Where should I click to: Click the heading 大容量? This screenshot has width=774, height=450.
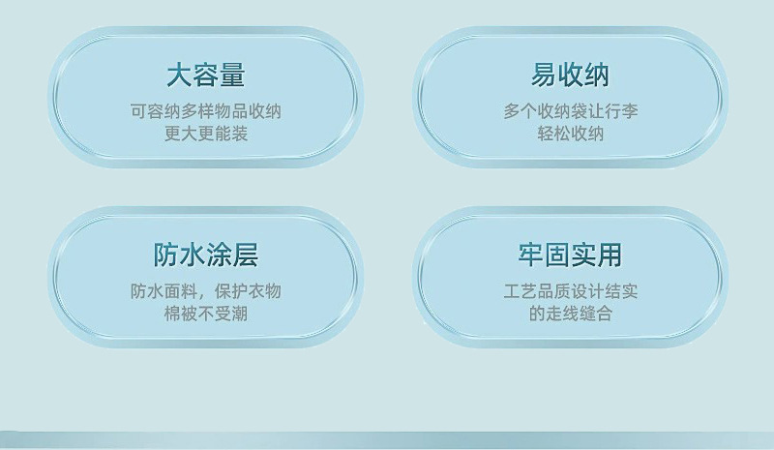[206, 75]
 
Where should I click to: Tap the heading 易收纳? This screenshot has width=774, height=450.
[570, 75]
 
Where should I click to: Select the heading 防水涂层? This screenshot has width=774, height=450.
[206, 255]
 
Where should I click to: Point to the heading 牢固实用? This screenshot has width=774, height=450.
[570, 255]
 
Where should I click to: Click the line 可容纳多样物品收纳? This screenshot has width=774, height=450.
[206, 111]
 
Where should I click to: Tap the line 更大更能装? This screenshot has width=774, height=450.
[206, 134]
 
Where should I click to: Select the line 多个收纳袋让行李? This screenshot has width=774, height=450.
[571, 111]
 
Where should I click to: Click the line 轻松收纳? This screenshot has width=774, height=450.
[571, 134]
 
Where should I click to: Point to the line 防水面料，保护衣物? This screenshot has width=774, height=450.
[206, 291]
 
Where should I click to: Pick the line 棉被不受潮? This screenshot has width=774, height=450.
[206, 314]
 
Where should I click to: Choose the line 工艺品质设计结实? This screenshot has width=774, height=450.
[571, 291]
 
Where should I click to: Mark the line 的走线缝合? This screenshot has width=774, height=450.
[571, 314]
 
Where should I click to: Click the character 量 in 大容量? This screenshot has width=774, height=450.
[232, 75]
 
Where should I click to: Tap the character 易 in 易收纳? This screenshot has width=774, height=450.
[544, 75]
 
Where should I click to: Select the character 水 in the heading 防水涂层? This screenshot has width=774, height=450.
[193, 255]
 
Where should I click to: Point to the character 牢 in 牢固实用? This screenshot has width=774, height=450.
[531, 255]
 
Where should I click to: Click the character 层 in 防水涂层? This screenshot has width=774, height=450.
[246, 255]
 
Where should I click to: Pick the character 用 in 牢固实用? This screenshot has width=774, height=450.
[610, 255]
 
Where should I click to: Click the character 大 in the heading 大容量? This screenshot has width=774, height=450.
[180, 75]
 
